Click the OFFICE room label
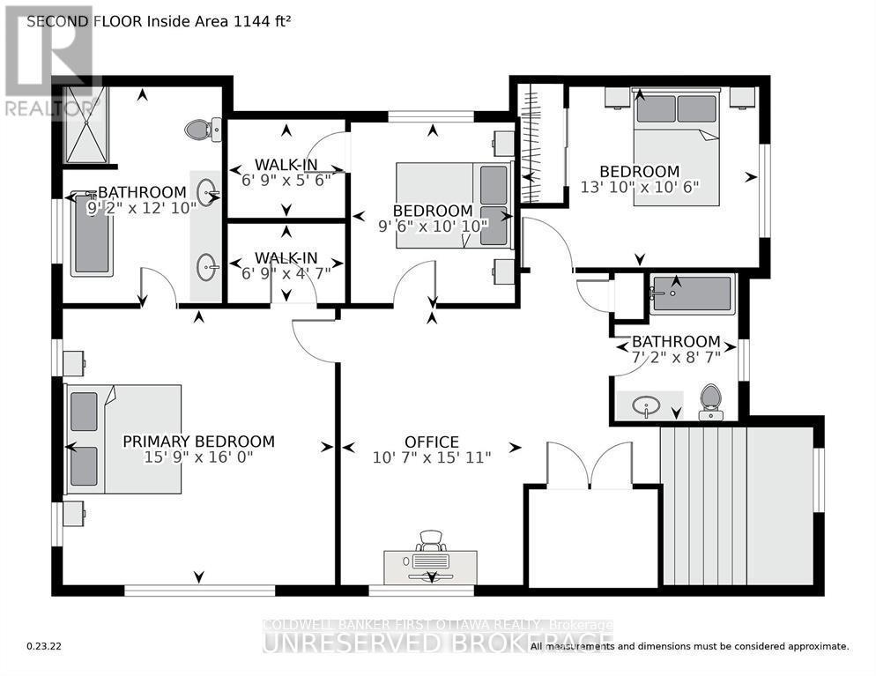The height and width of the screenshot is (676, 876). (x=431, y=442)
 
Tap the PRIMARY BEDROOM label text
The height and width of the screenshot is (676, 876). (x=198, y=442)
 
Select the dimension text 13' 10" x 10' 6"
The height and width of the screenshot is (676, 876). (x=639, y=187)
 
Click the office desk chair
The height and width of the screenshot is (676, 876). (x=430, y=540)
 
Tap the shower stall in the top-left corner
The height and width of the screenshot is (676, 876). (x=83, y=124)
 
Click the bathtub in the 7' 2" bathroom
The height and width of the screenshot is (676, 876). (x=691, y=293)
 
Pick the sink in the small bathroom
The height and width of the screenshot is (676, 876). (x=648, y=406)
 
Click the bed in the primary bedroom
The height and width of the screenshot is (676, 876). (x=124, y=438)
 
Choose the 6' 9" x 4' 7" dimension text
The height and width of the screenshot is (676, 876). (x=286, y=272)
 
